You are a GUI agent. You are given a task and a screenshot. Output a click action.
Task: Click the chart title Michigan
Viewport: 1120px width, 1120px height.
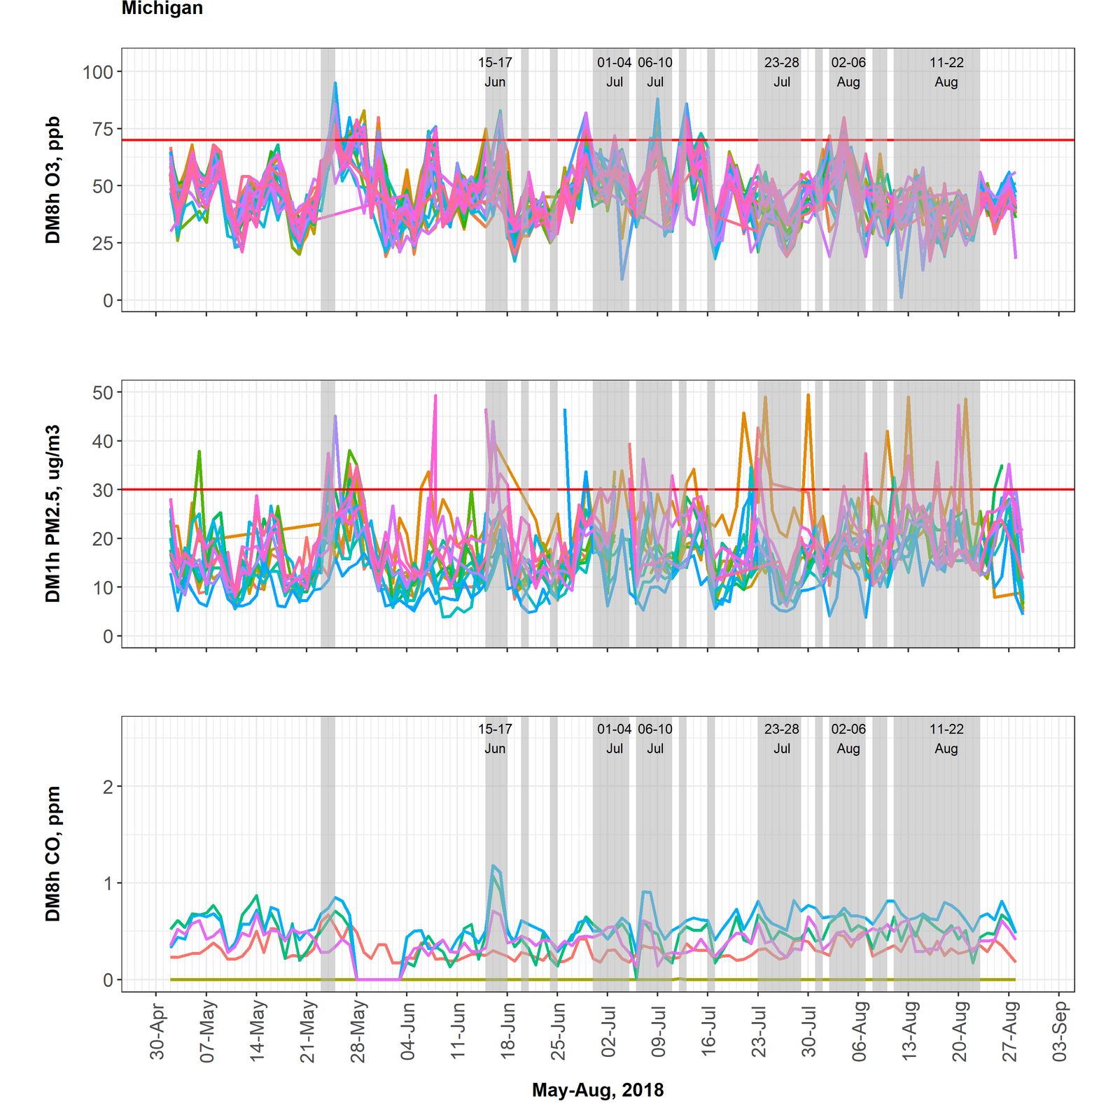[x=162, y=8]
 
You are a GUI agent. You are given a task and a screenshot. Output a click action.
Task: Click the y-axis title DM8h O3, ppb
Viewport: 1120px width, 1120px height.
[x=53, y=180]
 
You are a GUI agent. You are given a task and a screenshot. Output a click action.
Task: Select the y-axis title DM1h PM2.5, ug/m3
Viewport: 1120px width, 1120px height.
[x=53, y=514]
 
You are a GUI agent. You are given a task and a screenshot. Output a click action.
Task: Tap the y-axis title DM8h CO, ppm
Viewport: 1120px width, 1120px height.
[x=53, y=853]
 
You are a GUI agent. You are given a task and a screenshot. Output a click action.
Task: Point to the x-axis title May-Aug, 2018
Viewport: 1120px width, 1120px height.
[x=598, y=1090]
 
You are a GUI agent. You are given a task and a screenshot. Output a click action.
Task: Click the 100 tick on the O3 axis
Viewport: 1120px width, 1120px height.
[x=97, y=71]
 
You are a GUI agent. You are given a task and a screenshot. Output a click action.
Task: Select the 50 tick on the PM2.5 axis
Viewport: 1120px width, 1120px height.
[x=102, y=392]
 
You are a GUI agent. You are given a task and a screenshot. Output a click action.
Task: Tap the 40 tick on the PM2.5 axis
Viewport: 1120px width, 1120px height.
[x=102, y=441]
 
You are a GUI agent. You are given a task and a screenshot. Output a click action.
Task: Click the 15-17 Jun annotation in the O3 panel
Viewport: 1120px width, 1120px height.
[x=495, y=72]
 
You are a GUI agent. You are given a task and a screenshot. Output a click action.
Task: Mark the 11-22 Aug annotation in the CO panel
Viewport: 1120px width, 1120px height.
[x=946, y=738]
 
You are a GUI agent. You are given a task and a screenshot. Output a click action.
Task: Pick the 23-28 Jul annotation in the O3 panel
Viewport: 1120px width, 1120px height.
[x=782, y=72]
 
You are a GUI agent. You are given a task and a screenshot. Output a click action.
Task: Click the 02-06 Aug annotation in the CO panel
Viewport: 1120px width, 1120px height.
[x=848, y=738]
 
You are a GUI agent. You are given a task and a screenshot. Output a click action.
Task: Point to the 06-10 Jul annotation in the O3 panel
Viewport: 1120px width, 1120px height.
[x=655, y=72]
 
